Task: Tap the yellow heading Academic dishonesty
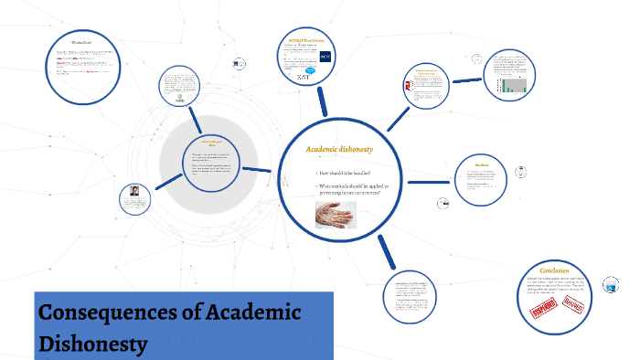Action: click(x=338, y=148)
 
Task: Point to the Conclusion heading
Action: click(x=554, y=270)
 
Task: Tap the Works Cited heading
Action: click(x=81, y=42)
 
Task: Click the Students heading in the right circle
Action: click(x=482, y=165)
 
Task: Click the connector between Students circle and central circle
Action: click(x=431, y=182)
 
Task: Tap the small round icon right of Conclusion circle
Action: click(x=611, y=283)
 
